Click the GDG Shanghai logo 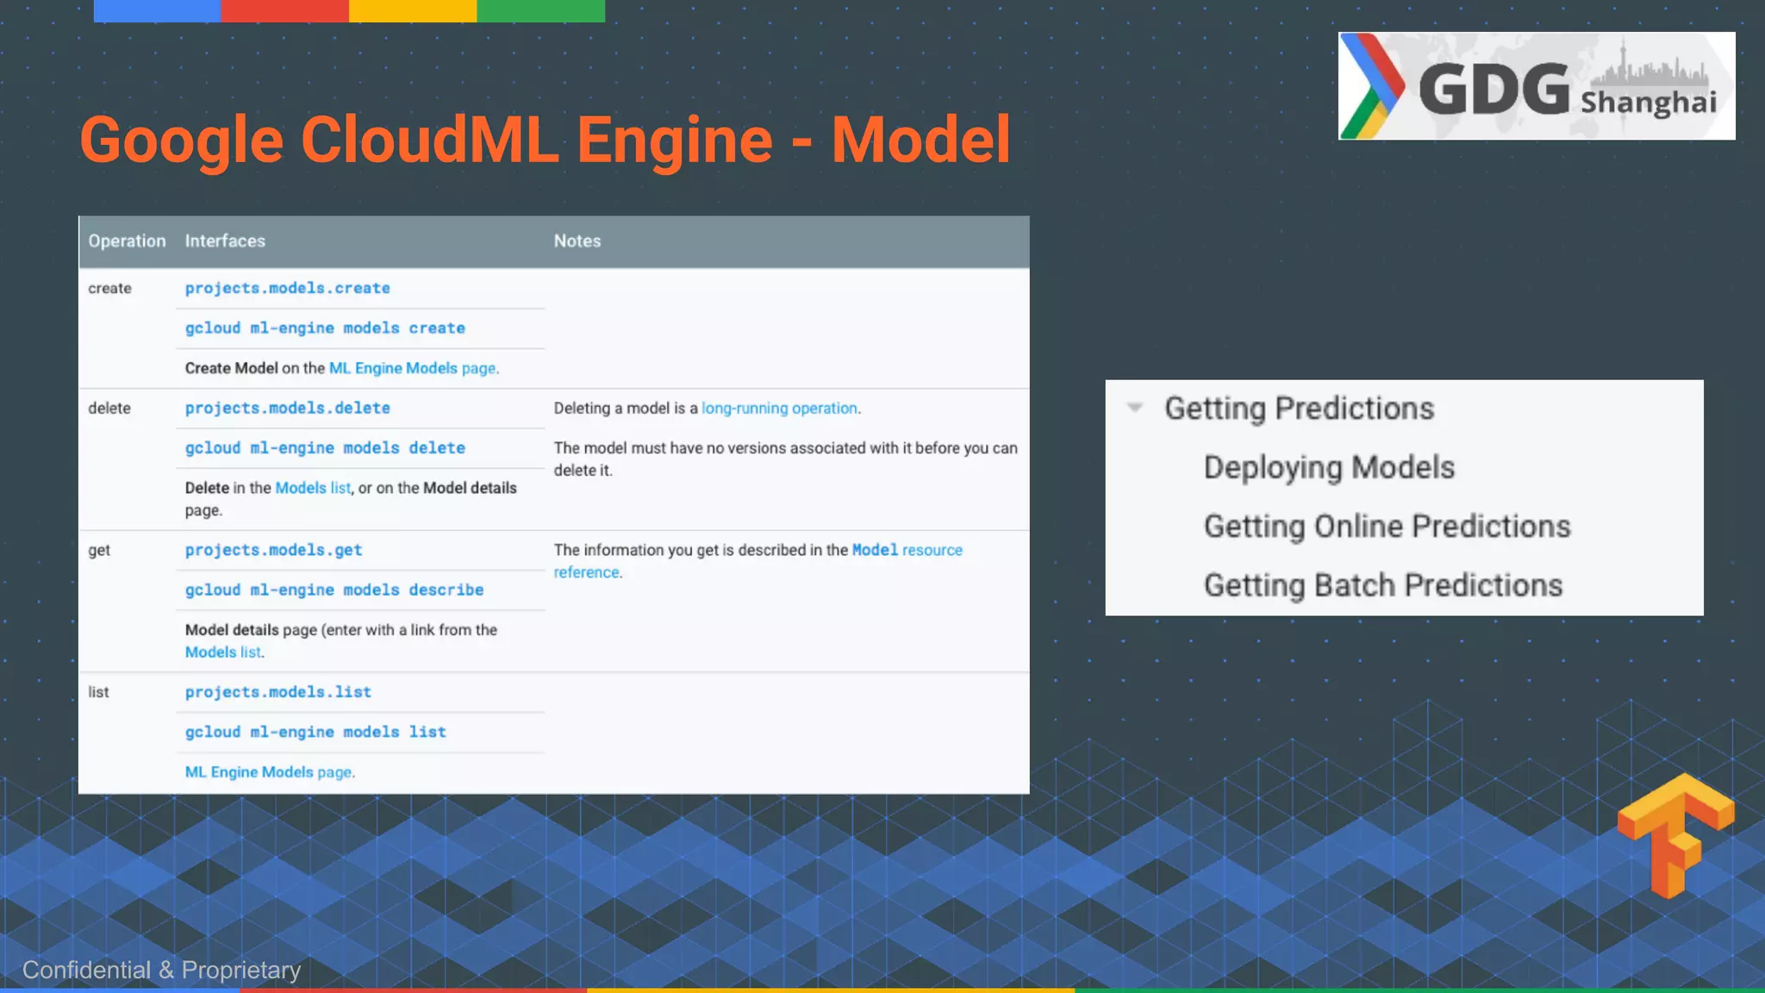click(1536, 86)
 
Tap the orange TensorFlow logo click(1675, 834)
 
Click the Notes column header click(577, 241)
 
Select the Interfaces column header click(225, 241)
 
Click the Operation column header click(127, 241)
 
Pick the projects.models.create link click(287, 288)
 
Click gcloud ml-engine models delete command click(325, 448)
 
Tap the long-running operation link click(779, 409)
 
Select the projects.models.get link click(273, 550)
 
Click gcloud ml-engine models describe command click(334, 590)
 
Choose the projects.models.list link click(278, 692)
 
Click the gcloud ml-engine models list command click(315, 732)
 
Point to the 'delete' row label click(109, 409)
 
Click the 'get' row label click(99, 550)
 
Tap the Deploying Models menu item click(1328, 467)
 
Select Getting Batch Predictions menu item click(1382, 585)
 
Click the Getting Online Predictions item click(1387, 527)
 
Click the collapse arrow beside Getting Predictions click(1135, 408)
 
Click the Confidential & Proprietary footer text click(161, 971)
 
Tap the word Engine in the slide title click(674, 140)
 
